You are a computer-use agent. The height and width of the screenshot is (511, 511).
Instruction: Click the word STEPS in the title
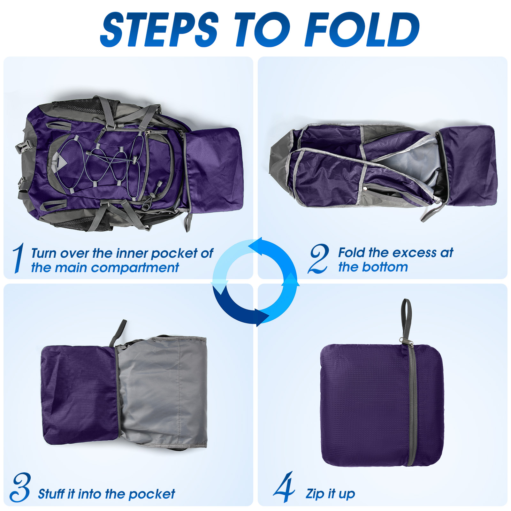(x=160, y=29)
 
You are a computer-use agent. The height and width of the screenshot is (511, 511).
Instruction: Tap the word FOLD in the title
(x=362, y=29)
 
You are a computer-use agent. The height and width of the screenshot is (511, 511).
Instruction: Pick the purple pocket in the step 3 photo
(x=80, y=394)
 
